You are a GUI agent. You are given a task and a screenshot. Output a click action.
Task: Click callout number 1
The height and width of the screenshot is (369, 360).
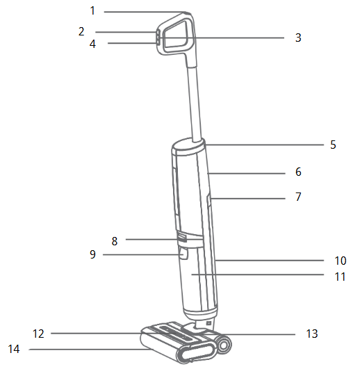tap(92, 11)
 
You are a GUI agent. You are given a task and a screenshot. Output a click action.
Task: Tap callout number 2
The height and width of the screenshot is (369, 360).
tap(81, 31)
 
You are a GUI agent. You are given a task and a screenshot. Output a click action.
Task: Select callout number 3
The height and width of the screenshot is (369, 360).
tap(298, 38)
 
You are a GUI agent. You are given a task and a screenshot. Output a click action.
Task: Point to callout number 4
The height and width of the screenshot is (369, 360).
tap(92, 44)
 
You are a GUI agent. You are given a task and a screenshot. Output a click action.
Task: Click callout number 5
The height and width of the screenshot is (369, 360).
tap(333, 145)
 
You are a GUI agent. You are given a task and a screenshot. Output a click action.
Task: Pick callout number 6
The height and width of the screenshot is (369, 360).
tap(298, 172)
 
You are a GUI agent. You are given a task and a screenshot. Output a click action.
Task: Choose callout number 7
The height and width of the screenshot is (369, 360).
tap(298, 197)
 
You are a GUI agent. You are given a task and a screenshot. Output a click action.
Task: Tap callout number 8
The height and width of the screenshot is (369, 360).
tap(115, 241)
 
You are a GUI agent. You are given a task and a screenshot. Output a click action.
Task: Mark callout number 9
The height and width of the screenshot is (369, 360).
tap(92, 254)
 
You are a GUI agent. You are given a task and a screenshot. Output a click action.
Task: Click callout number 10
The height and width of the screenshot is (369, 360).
tap(341, 261)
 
